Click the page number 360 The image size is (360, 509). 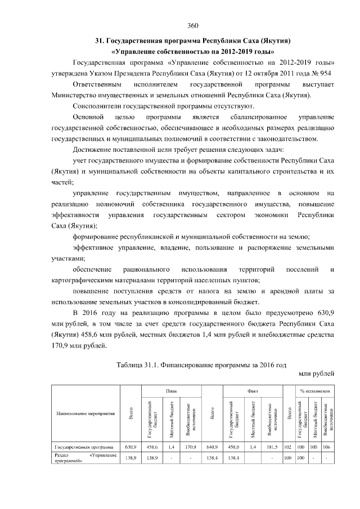point(193,25)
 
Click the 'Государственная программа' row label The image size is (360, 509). point(79,446)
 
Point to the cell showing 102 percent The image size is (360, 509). point(287,447)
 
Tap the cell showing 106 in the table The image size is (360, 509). point(326,447)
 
